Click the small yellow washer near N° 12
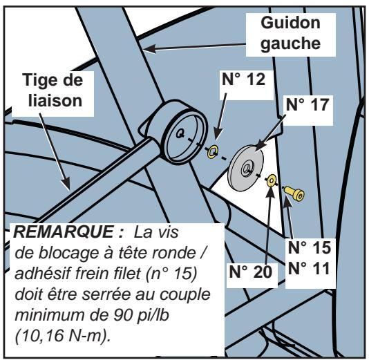point(214,151)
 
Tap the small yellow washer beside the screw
point(273,181)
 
